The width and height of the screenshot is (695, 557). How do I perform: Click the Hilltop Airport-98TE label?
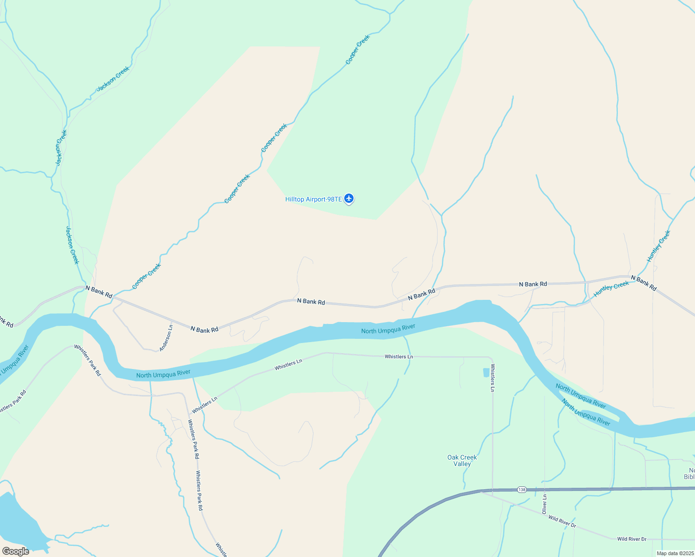click(x=314, y=200)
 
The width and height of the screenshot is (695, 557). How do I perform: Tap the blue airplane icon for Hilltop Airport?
click(x=349, y=199)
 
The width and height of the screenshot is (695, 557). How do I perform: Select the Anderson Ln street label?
click(x=166, y=338)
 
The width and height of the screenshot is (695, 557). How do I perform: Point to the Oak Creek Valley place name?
click(x=462, y=460)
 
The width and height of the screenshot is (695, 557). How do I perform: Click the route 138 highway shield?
click(x=522, y=490)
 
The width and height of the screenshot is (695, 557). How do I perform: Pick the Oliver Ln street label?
click(x=544, y=504)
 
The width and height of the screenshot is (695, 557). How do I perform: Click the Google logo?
click(x=16, y=551)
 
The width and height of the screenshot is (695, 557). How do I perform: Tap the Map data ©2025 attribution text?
click(x=675, y=553)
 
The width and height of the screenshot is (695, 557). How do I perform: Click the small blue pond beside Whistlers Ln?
click(x=486, y=372)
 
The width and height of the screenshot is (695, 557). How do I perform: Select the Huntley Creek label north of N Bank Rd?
click(x=659, y=246)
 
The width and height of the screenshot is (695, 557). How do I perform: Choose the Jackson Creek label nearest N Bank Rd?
click(x=72, y=245)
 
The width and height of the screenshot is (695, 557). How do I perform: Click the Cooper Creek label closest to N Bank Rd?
click(x=146, y=276)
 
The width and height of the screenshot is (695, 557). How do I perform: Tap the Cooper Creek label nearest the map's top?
click(x=358, y=50)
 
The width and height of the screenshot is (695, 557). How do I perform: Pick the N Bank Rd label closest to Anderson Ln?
click(x=204, y=330)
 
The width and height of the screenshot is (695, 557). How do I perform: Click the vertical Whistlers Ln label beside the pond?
click(x=492, y=377)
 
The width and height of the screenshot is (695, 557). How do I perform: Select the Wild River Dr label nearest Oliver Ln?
click(x=562, y=521)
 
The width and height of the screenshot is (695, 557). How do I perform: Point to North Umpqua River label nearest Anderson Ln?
click(x=164, y=374)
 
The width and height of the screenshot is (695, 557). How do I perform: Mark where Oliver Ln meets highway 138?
click(x=544, y=489)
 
